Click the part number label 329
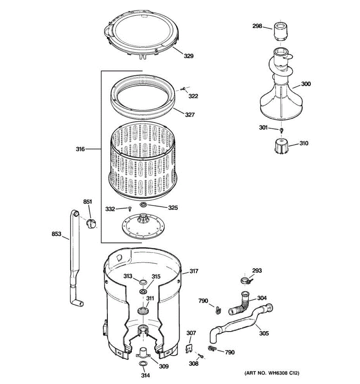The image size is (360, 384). pos(188,56)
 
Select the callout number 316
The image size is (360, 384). pos(80,149)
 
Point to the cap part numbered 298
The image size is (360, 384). pos(281,31)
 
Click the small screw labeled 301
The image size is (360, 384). pos(281,130)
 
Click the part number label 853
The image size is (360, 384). pos(56,234)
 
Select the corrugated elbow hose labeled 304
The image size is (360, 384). pos(240,304)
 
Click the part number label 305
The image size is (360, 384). pos(264,333)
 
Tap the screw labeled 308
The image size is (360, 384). pos(201,356)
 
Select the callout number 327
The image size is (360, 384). pos(190,115)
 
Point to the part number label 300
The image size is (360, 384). pos(306,84)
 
